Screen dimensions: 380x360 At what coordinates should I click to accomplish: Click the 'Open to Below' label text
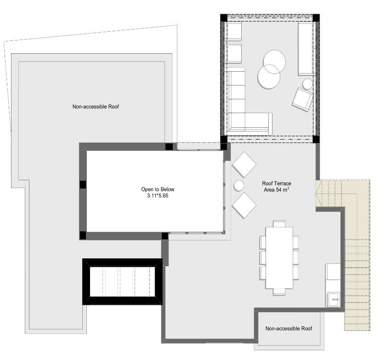pos(158,189)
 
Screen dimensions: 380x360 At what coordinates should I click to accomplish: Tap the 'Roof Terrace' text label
pos(277,183)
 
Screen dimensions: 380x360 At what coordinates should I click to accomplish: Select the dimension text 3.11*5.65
pos(158,196)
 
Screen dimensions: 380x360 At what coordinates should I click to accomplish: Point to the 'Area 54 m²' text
pos(277,189)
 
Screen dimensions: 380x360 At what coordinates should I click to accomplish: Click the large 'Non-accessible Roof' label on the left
pos(96,107)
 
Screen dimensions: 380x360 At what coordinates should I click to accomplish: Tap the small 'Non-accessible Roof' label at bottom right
pos(289,328)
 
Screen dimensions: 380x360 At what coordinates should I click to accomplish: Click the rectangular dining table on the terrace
pos(279,257)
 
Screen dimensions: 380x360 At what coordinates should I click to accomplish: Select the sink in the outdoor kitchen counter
pos(334,300)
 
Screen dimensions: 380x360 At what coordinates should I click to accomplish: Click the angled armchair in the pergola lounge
pos(302,100)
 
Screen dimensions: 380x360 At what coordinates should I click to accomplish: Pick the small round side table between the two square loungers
pos(239,186)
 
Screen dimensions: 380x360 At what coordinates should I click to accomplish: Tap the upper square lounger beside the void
pos(244,165)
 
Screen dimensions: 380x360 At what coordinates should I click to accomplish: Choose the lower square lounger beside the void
pos(244,206)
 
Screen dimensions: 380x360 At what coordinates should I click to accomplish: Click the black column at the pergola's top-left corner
pos(224,18)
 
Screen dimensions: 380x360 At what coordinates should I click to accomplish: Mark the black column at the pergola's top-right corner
pos(316,18)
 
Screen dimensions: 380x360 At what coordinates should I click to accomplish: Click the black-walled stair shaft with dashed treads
pos(122,282)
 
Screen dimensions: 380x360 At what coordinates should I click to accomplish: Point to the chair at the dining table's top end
pos(279,223)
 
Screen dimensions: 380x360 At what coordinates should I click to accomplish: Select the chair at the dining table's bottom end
pos(279,292)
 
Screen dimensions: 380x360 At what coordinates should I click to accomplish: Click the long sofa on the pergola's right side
pos(306,48)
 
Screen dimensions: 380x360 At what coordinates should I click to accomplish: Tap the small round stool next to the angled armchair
pos(308,84)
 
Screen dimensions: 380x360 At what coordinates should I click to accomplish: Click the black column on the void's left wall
pos(83,184)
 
